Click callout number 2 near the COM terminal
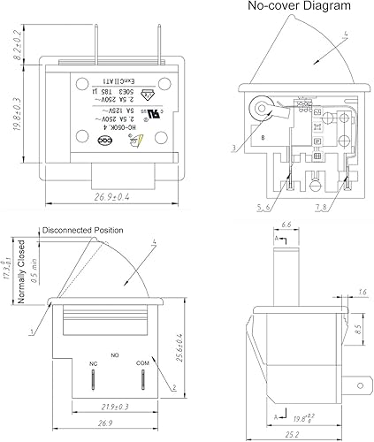179,387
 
